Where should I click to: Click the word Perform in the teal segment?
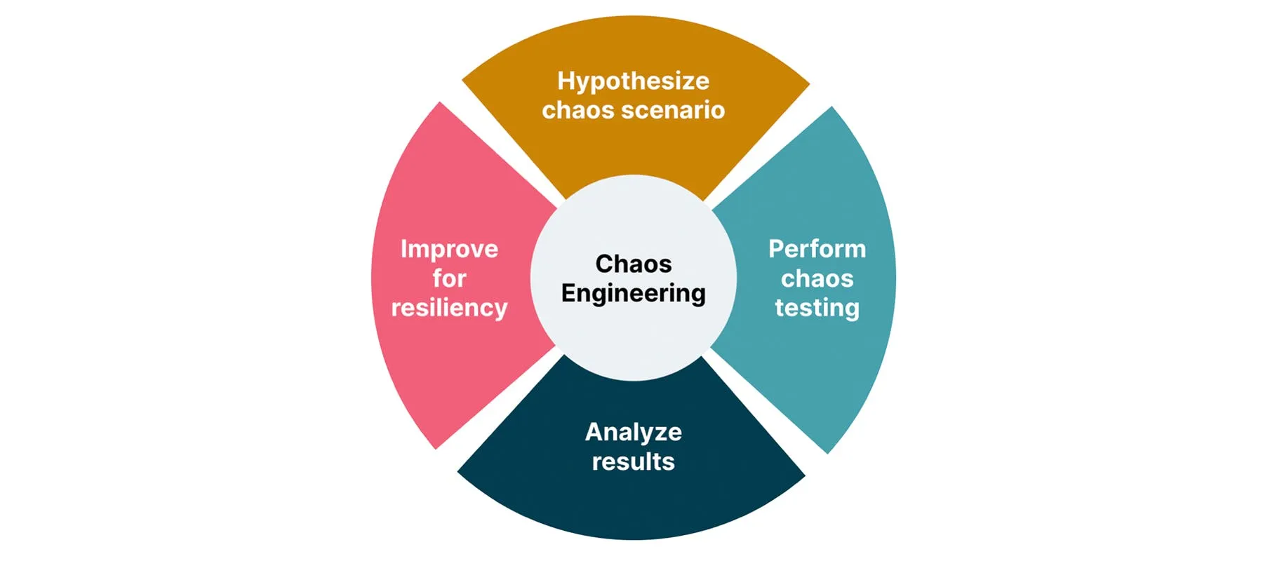pyautogui.click(x=817, y=249)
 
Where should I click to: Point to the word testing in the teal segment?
pyautogui.click(x=817, y=309)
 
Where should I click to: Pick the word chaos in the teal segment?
pyautogui.click(x=817, y=278)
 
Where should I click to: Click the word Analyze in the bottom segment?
pyautogui.click(x=633, y=432)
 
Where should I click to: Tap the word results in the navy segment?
pyautogui.click(x=633, y=461)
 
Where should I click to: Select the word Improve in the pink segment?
pyautogui.click(x=449, y=249)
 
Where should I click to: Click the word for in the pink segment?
pyautogui.click(x=449, y=278)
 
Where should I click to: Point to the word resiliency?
pyautogui.click(x=449, y=309)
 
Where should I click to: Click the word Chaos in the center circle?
pyautogui.click(x=633, y=264)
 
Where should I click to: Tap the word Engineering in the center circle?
pyautogui.click(x=633, y=293)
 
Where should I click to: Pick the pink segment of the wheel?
pyautogui.click(x=435, y=365)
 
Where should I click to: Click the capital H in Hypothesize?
pyautogui.click(x=565, y=81)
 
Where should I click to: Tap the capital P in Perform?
pyautogui.click(x=775, y=248)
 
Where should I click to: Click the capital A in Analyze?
pyautogui.click(x=594, y=432)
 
